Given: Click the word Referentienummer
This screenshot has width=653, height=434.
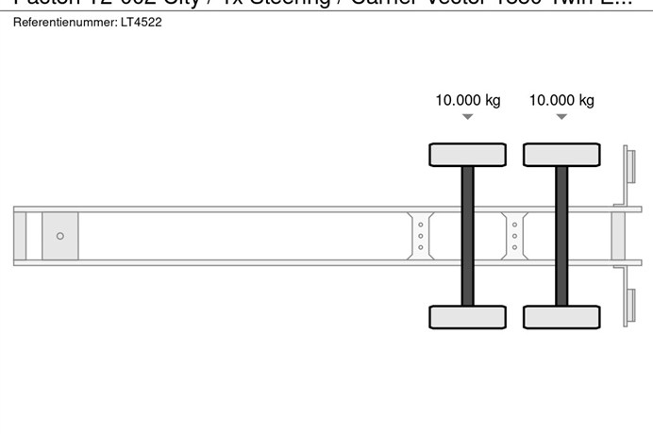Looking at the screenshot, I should [x=63, y=22].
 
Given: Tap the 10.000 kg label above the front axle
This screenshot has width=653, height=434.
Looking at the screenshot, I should [x=467, y=100].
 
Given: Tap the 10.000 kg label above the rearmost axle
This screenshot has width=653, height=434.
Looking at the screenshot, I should [x=561, y=100].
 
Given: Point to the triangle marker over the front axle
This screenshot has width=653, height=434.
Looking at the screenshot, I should [x=467, y=117].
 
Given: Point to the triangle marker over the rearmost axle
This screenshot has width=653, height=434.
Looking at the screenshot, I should [x=561, y=117].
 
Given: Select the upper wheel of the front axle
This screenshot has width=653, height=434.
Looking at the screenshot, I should [x=467, y=155].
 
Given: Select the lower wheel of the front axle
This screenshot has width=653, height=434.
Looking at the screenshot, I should [x=467, y=317].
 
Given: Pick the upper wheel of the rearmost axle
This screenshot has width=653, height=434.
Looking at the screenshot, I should [x=561, y=155].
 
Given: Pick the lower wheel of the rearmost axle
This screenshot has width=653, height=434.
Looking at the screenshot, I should [x=561, y=317].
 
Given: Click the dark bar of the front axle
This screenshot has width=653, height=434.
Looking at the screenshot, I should [x=467, y=236].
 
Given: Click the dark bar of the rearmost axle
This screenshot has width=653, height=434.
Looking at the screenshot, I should [x=561, y=236].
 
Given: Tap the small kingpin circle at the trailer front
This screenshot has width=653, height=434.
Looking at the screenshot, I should [x=60, y=236].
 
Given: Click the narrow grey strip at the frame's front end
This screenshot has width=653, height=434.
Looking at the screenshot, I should [x=20, y=236].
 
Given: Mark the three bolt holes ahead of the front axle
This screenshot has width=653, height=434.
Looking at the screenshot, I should [x=421, y=236].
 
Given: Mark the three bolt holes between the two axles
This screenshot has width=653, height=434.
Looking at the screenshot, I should [x=514, y=236].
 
